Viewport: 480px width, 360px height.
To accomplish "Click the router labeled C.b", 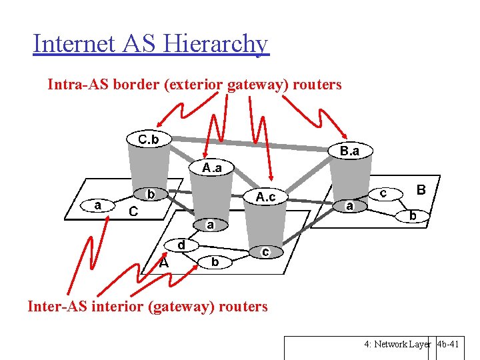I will pyautogui.click(x=148, y=139).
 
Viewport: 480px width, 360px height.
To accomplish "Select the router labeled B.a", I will pyautogui.click(x=349, y=151).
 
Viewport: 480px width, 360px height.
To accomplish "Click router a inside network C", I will pyautogui.click(x=98, y=205).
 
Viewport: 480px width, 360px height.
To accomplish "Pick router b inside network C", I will pyautogui.click(x=151, y=195).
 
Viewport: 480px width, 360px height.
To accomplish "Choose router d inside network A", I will pyautogui.click(x=181, y=245).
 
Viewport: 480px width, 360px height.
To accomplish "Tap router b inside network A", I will pyautogui.click(x=215, y=262).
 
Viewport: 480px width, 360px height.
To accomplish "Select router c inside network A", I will pyautogui.click(x=265, y=252).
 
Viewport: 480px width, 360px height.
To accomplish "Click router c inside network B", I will pyautogui.click(x=384, y=192).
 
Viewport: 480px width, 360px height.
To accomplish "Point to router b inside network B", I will pyautogui.click(x=413, y=215).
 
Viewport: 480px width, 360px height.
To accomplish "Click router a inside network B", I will pyautogui.click(x=349, y=206).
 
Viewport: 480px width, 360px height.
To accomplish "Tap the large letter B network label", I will pyautogui.click(x=421, y=190).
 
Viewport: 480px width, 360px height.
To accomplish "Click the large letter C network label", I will pyautogui.click(x=133, y=212).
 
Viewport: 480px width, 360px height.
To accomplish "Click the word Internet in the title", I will pyautogui.click(x=76, y=44).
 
